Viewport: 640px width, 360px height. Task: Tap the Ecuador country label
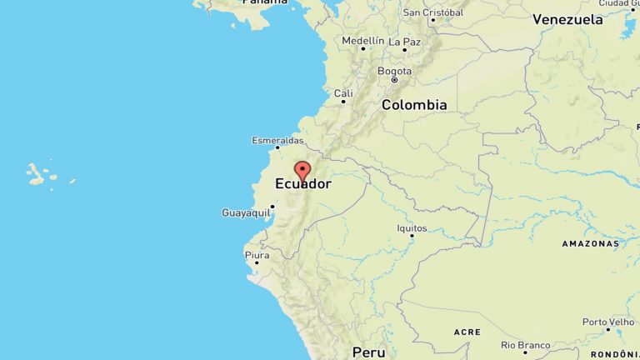(x=303, y=184)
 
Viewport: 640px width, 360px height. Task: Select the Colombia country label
(x=414, y=105)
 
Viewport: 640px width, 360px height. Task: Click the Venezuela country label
(x=567, y=19)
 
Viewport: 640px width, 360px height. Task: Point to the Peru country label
(x=368, y=352)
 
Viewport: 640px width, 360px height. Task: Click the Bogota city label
(x=394, y=71)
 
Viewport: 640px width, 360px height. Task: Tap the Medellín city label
(x=363, y=40)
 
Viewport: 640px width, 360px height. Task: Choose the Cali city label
(x=343, y=93)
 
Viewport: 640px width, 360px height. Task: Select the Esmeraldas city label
(x=277, y=140)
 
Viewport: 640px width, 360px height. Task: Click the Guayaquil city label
(x=246, y=213)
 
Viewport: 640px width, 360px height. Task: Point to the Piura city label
(x=257, y=254)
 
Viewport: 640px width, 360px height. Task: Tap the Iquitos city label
(x=412, y=227)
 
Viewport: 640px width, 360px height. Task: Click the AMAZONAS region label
(x=591, y=243)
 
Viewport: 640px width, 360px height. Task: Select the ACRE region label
(x=467, y=332)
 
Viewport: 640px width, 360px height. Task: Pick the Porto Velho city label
(x=608, y=322)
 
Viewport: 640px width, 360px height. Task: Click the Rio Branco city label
(x=526, y=344)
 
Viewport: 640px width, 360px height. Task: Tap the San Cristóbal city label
(x=433, y=12)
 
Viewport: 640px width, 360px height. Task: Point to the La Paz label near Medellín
(x=405, y=41)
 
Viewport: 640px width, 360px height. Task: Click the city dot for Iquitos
(x=412, y=236)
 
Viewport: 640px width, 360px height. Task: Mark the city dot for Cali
(x=342, y=102)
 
